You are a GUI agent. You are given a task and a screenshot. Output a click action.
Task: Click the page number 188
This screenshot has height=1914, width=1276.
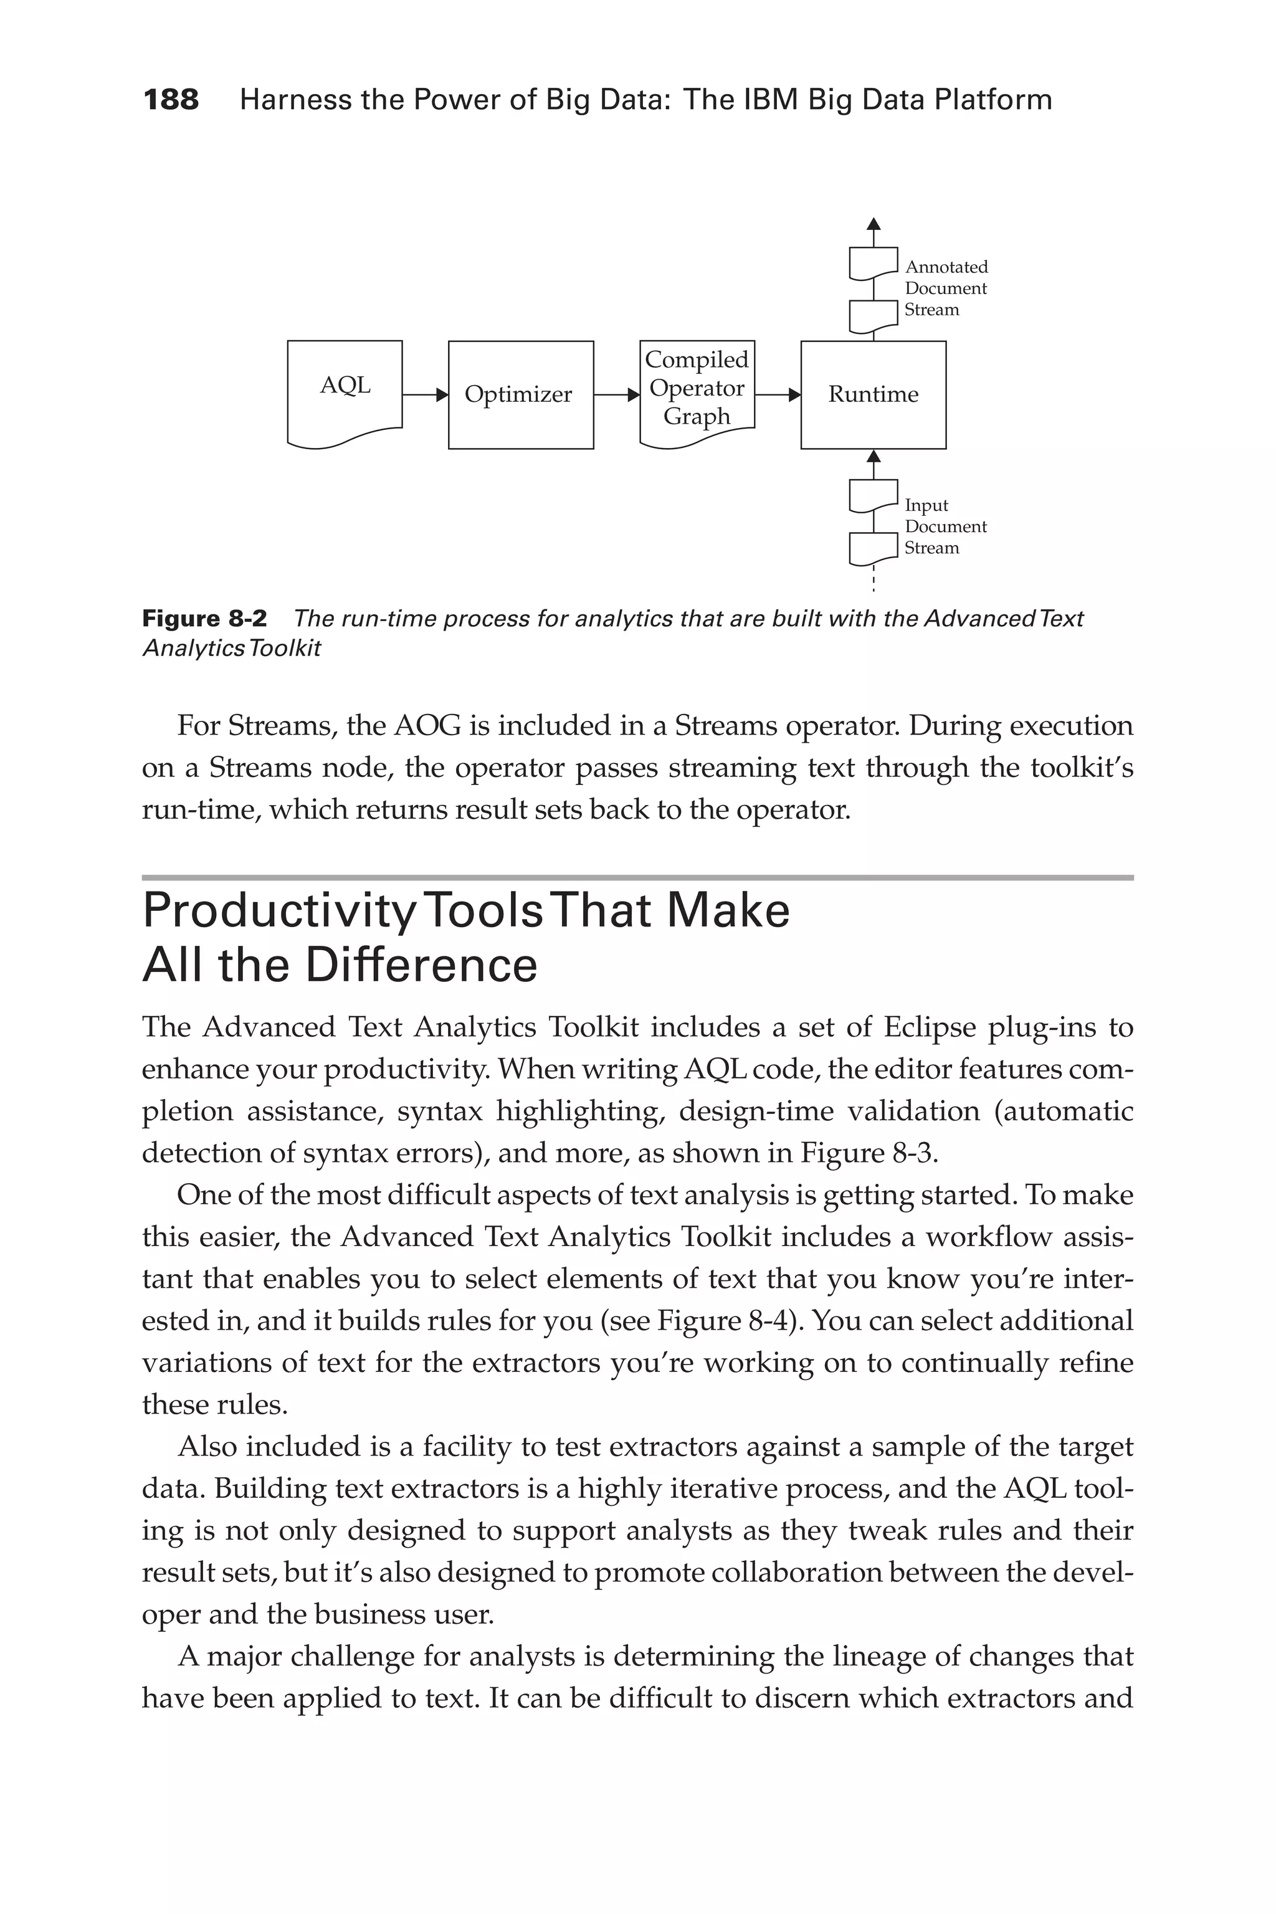click(x=171, y=100)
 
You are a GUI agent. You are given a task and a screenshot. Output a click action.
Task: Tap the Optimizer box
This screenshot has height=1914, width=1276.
click(x=521, y=394)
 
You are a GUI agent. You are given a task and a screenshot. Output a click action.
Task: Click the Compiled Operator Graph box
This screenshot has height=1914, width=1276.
click(x=697, y=389)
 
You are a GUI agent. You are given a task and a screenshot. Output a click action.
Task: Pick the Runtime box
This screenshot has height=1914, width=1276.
click(x=873, y=394)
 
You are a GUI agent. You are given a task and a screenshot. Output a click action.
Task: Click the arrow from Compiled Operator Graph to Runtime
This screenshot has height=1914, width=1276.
click(x=778, y=396)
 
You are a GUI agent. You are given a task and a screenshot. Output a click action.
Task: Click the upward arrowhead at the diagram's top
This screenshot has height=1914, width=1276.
click(x=873, y=224)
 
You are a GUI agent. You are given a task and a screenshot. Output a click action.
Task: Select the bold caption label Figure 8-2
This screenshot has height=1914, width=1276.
click(x=204, y=619)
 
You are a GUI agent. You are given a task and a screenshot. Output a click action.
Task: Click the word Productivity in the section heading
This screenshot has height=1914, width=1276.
click(x=279, y=912)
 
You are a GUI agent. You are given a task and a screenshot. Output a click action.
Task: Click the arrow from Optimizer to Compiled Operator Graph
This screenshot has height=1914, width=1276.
click(x=617, y=396)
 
